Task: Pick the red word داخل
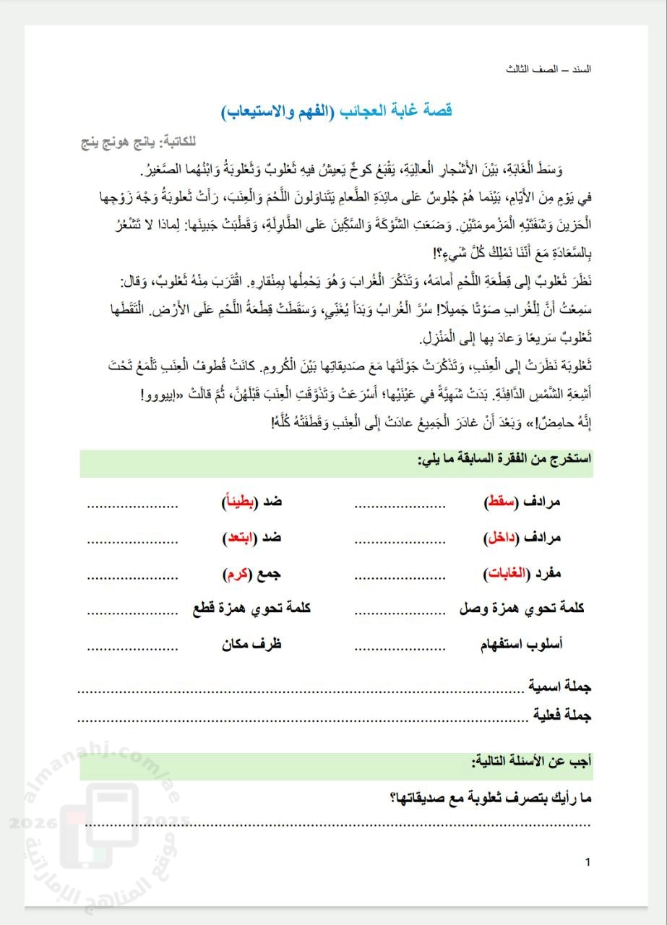click(499, 538)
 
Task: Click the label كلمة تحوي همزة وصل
click(522, 608)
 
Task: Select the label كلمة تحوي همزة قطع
click(252, 608)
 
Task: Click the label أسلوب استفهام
click(522, 645)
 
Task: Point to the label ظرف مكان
click(251, 645)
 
